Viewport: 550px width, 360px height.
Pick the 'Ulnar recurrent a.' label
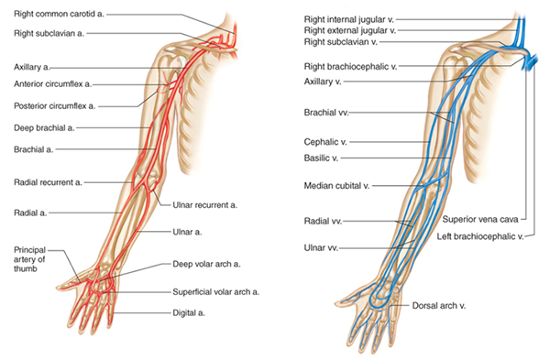(x=204, y=203)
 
